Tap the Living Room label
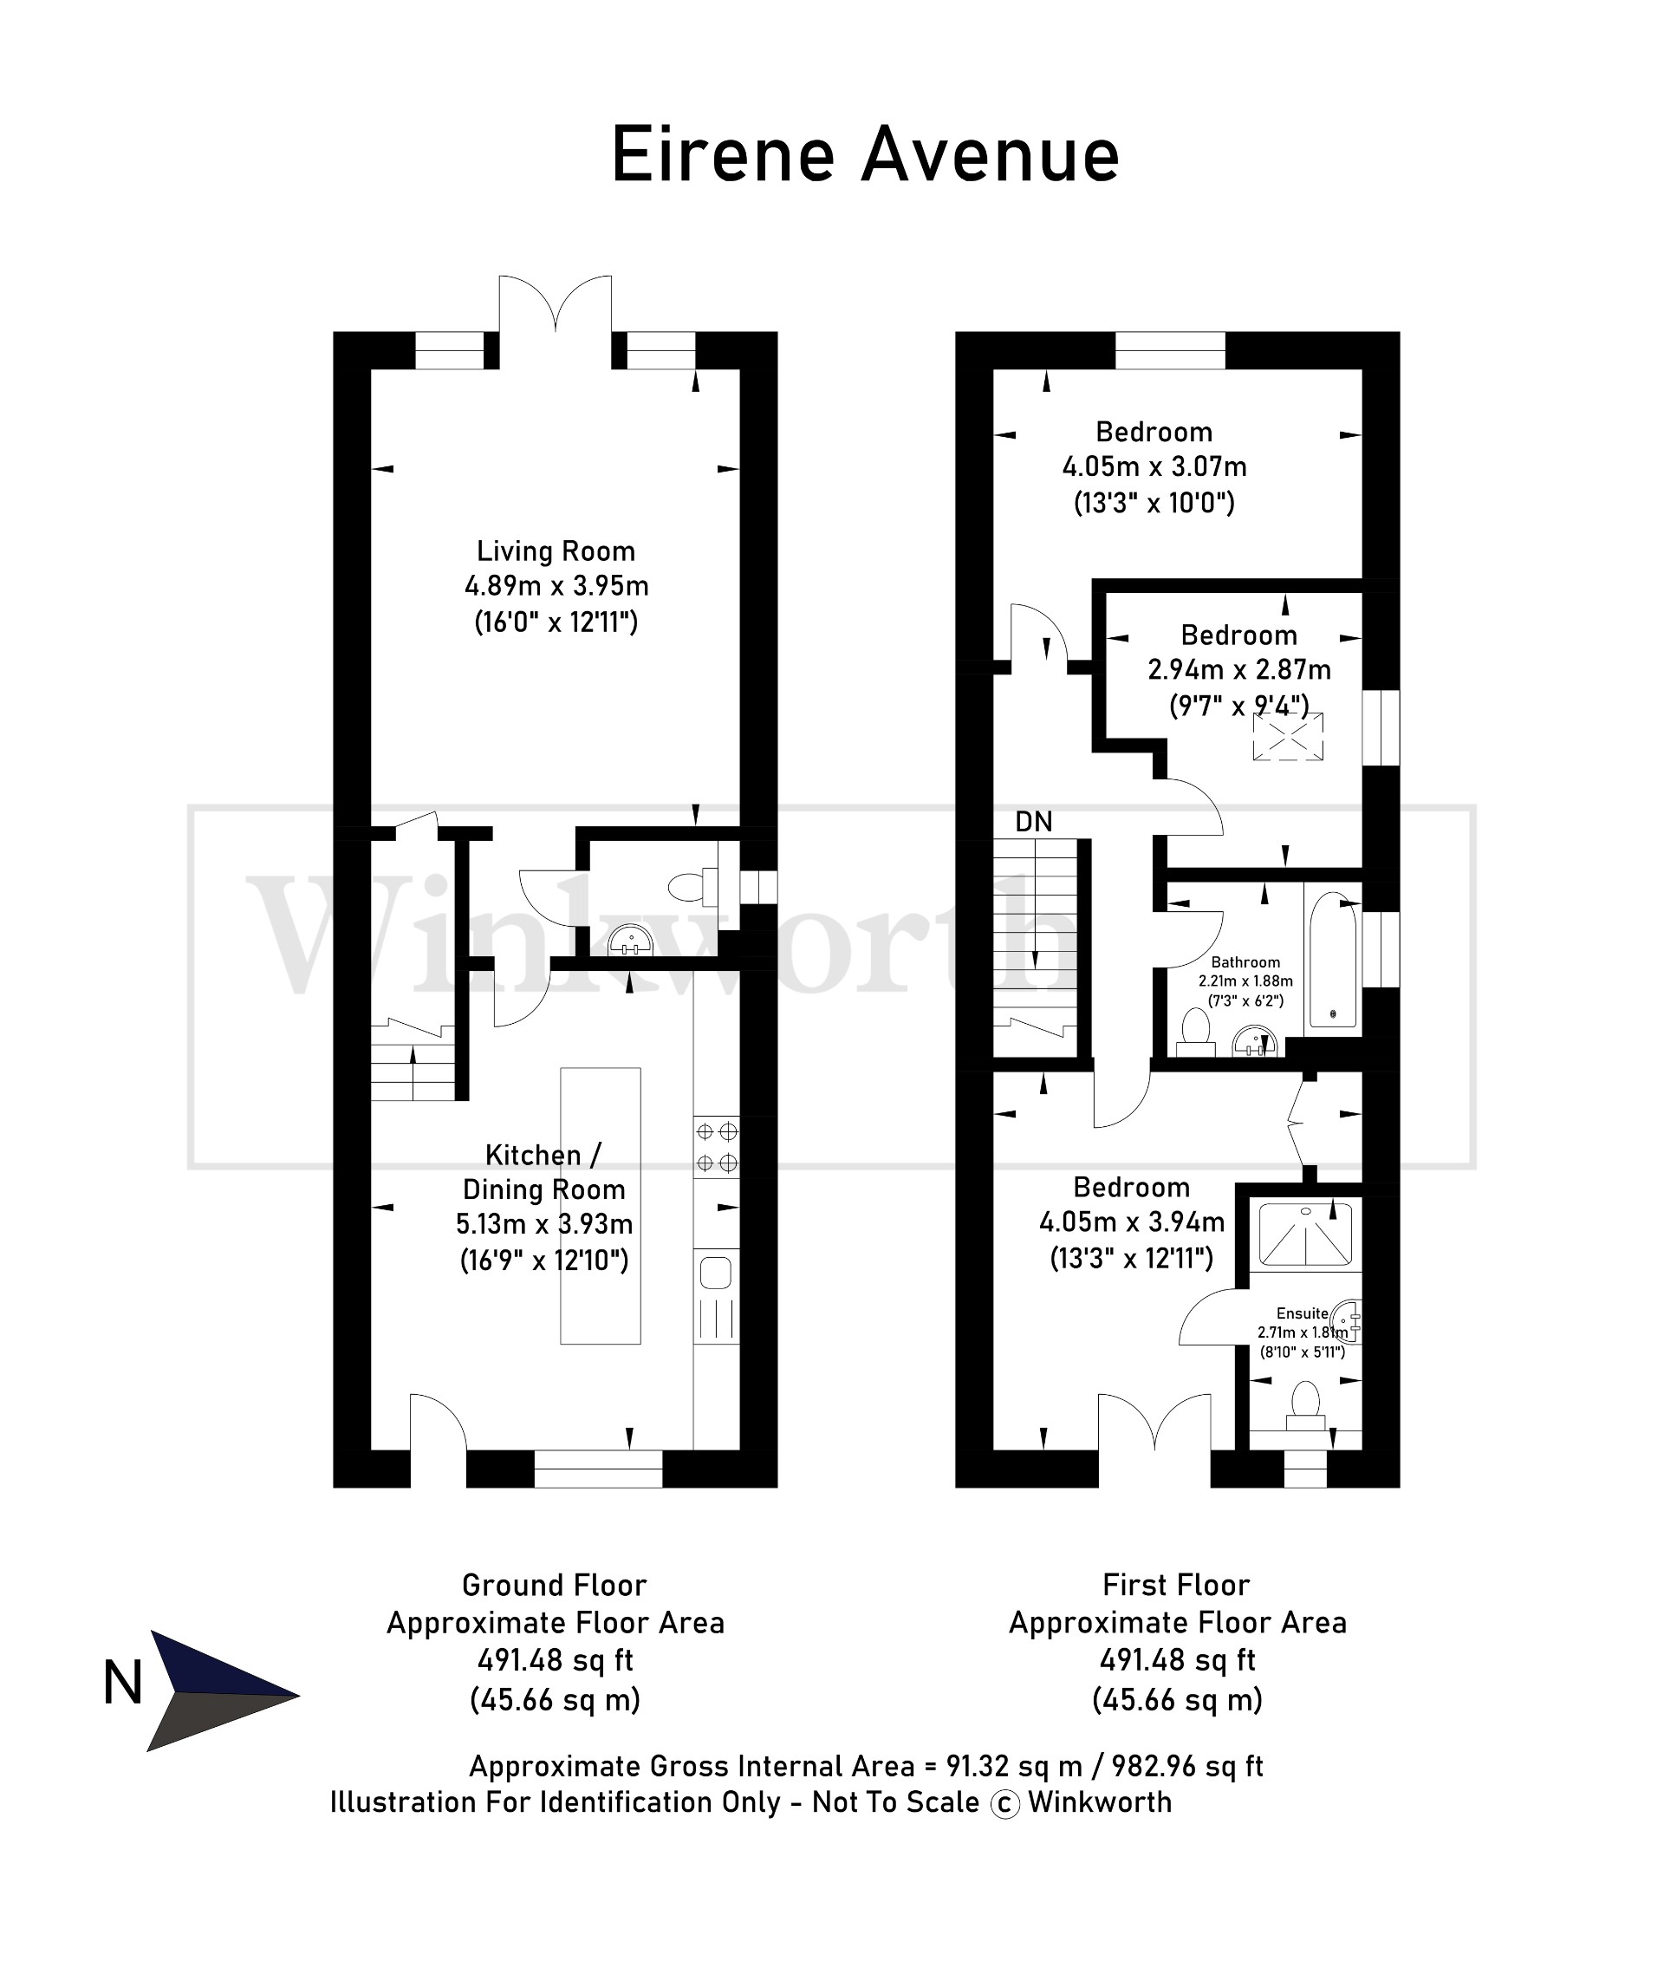click(555, 551)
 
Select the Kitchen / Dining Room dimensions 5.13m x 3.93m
click(544, 1224)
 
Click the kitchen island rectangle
click(600, 1205)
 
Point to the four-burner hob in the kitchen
click(716, 1146)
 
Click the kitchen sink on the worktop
click(715, 1274)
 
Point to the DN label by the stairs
click(1033, 822)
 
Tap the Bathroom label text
click(1245, 962)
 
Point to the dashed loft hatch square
click(1288, 736)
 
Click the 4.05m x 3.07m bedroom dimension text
click(1154, 467)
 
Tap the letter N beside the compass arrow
click(122, 1684)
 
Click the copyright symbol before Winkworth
click(1004, 1804)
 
